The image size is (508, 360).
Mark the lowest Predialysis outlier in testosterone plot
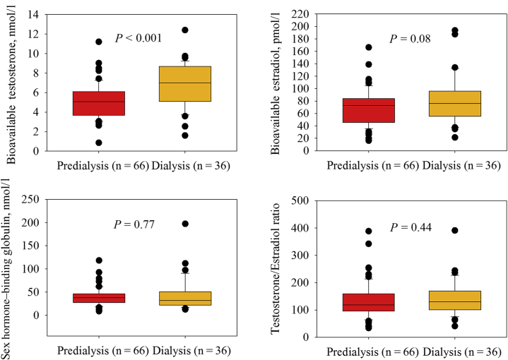(x=99, y=143)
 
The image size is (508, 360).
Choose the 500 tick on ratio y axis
(x=299, y=200)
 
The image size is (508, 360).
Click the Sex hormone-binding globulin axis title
(x=10, y=268)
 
